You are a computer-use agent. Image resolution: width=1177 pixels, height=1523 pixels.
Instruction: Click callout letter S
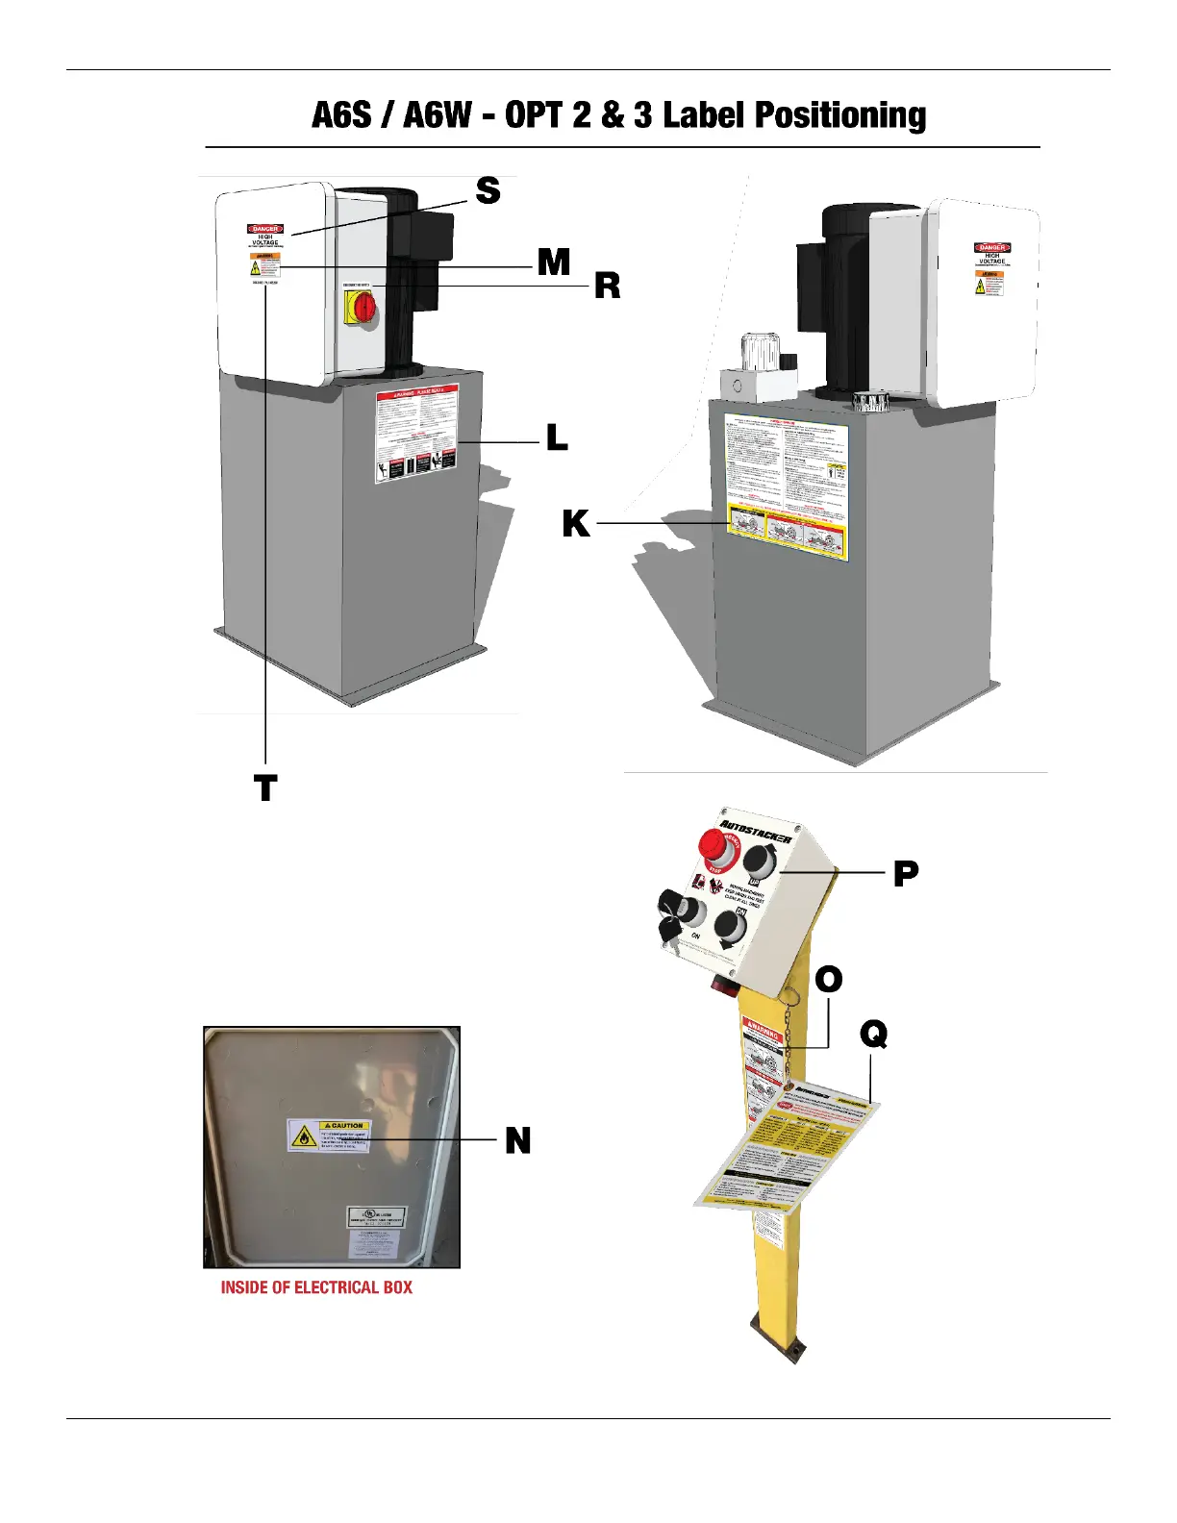tap(488, 190)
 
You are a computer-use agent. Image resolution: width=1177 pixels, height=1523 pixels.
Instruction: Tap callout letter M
tap(554, 262)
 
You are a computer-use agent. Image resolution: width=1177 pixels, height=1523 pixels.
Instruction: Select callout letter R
tap(607, 286)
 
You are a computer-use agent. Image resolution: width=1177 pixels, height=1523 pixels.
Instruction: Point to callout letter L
tap(557, 438)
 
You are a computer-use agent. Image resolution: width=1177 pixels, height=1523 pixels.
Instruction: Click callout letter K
tap(575, 524)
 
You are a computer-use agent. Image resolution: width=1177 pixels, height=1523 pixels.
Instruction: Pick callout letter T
tap(265, 788)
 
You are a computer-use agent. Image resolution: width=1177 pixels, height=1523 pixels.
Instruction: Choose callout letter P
tap(905, 873)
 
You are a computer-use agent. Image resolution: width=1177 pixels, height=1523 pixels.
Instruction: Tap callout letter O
tap(828, 980)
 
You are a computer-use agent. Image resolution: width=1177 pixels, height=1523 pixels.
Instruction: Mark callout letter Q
tap(873, 1035)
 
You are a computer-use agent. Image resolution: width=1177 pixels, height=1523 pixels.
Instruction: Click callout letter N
tap(517, 1140)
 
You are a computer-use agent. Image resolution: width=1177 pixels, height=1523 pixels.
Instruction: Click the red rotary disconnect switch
tap(365, 307)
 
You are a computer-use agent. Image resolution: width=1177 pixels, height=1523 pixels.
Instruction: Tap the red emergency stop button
tap(714, 845)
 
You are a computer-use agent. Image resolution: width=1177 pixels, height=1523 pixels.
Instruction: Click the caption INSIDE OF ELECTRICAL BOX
tap(316, 1287)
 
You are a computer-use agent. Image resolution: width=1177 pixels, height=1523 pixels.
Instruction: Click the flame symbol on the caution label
tap(304, 1136)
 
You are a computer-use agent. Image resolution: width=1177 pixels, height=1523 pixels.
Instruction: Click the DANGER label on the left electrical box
tap(264, 229)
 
